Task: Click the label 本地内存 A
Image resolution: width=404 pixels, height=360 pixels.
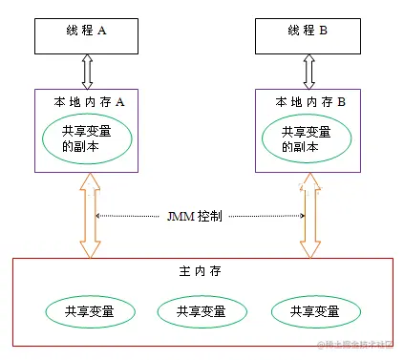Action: (87, 99)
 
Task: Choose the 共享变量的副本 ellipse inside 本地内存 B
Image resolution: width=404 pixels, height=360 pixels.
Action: (307, 140)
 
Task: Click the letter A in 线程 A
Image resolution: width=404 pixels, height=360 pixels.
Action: (102, 31)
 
